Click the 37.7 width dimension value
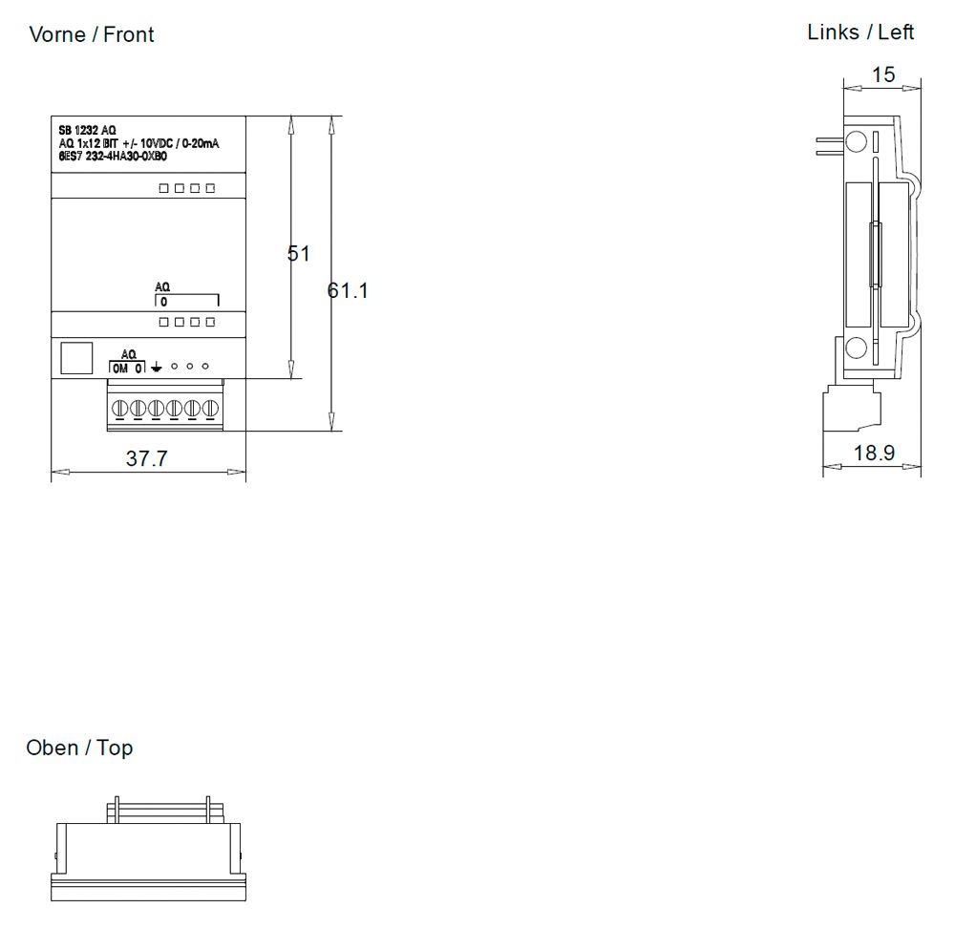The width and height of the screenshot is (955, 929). (146, 459)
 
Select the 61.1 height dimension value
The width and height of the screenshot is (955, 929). (348, 290)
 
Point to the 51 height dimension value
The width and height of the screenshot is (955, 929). (299, 254)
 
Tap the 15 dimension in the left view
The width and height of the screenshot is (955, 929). (883, 74)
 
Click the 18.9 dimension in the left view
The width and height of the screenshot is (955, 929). (874, 453)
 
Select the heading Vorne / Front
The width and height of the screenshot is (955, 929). (92, 35)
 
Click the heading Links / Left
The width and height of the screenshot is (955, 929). (860, 32)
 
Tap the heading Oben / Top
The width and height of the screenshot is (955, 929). (79, 748)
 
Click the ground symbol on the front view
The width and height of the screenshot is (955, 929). (157, 368)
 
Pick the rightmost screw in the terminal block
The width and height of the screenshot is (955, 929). (208, 409)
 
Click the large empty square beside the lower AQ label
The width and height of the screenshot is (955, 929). (76, 358)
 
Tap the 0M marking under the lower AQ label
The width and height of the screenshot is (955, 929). (120, 368)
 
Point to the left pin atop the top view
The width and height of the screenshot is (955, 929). (115, 808)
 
